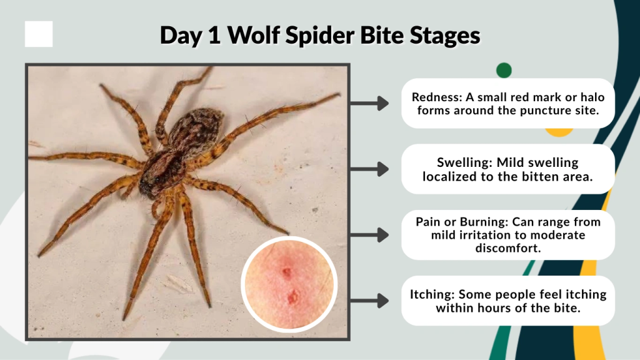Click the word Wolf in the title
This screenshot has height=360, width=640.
254,35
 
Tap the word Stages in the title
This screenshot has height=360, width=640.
445,35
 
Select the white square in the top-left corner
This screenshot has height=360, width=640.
39,34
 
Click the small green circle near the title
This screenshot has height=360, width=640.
504,70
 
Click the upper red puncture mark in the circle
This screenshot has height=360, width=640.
286,272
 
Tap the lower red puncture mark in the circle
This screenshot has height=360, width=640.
292,297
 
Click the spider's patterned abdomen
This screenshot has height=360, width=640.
195,128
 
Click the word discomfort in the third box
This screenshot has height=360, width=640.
508,248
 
